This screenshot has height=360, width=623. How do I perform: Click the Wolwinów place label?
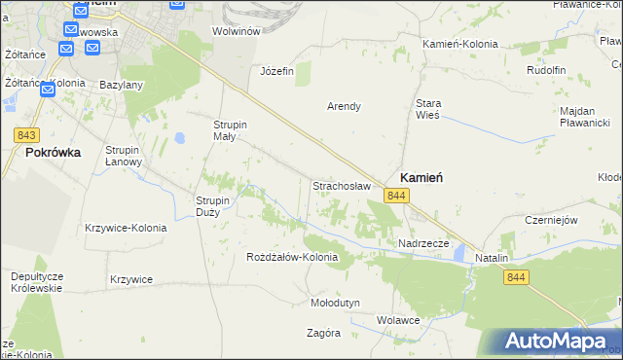pyautogui.click(x=235, y=31)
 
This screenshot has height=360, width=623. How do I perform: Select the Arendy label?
pyautogui.click(x=344, y=106)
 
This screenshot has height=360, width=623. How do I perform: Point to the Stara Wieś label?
pyautogui.click(x=428, y=108)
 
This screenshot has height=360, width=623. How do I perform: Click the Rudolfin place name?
pyautogui.click(x=546, y=70)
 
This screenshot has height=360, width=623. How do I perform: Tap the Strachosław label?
pyautogui.click(x=342, y=184)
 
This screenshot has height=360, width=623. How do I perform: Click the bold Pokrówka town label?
pyautogui.click(x=53, y=153)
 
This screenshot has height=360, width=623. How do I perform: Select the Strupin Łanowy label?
pyautogui.click(x=125, y=156)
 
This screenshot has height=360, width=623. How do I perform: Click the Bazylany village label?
pyautogui.click(x=122, y=85)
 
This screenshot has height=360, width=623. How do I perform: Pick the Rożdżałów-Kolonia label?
pyautogui.click(x=292, y=257)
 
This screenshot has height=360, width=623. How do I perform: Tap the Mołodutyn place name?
pyautogui.click(x=335, y=303)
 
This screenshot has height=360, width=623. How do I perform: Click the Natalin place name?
pyautogui.click(x=493, y=258)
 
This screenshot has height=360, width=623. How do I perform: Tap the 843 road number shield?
pyautogui.click(x=27, y=135)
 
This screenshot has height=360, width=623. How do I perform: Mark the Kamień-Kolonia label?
pyautogui.click(x=459, y=44)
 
